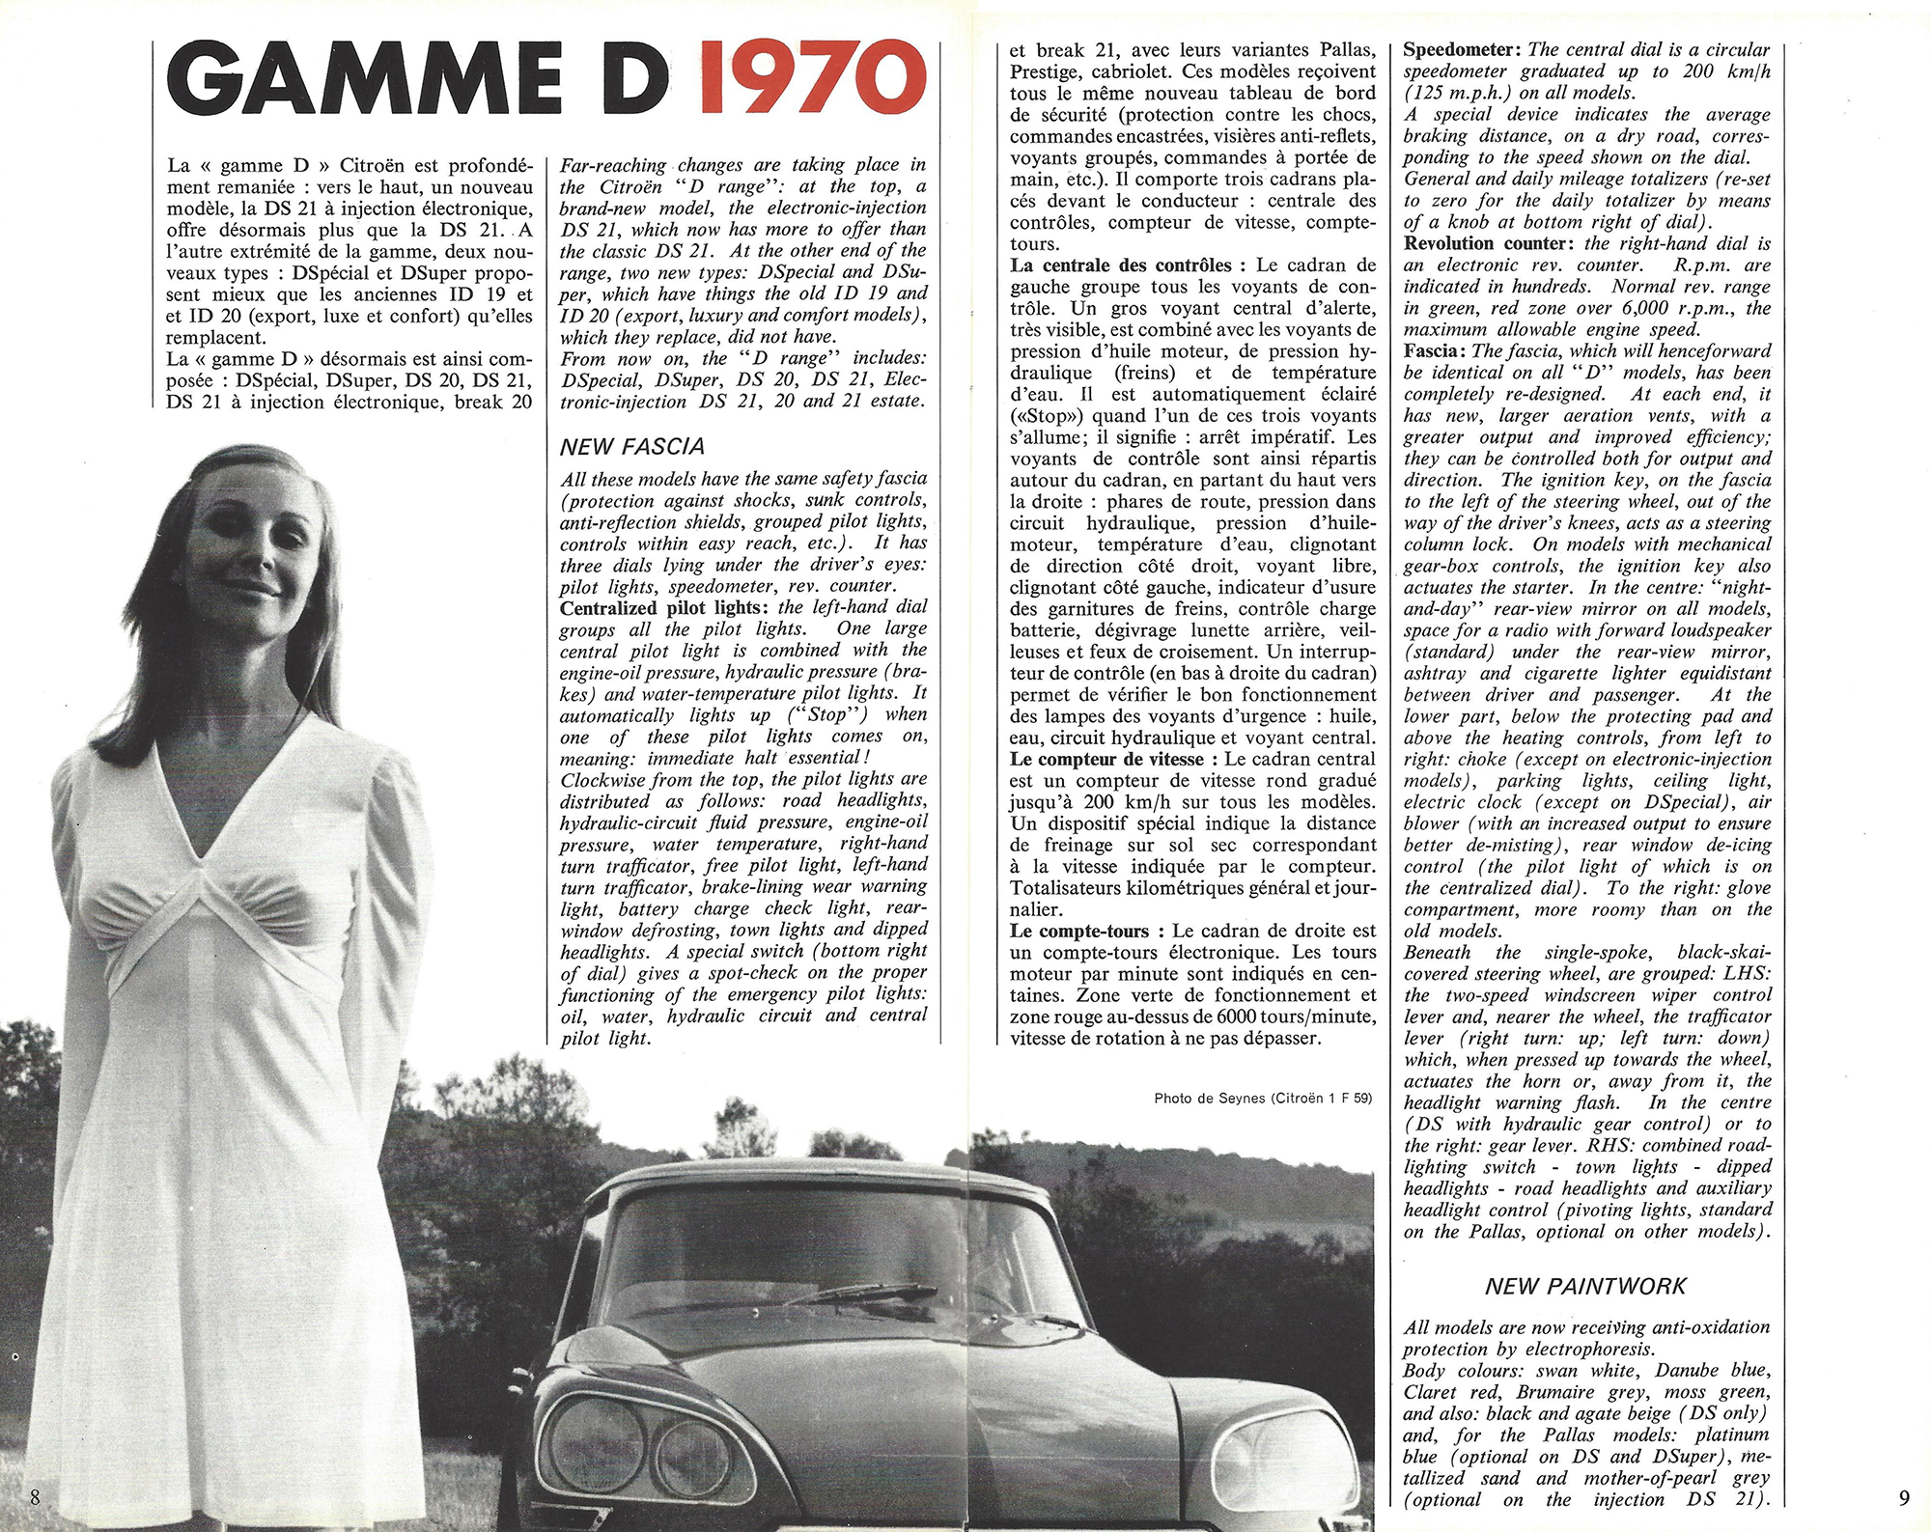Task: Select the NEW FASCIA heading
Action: pyautogui.click(x=632, y=447)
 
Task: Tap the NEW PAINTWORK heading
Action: pyautogui.click(x=1586, y=1287)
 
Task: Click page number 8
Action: pyautogui.click(x=35, y=1497)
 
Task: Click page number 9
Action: pyautogui.click(x=1903, y=1497)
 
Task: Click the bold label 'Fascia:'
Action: pyautogui.click(x=1436, y=350)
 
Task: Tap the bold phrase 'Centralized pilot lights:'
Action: pyautogui.click(x=666, y=607)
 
